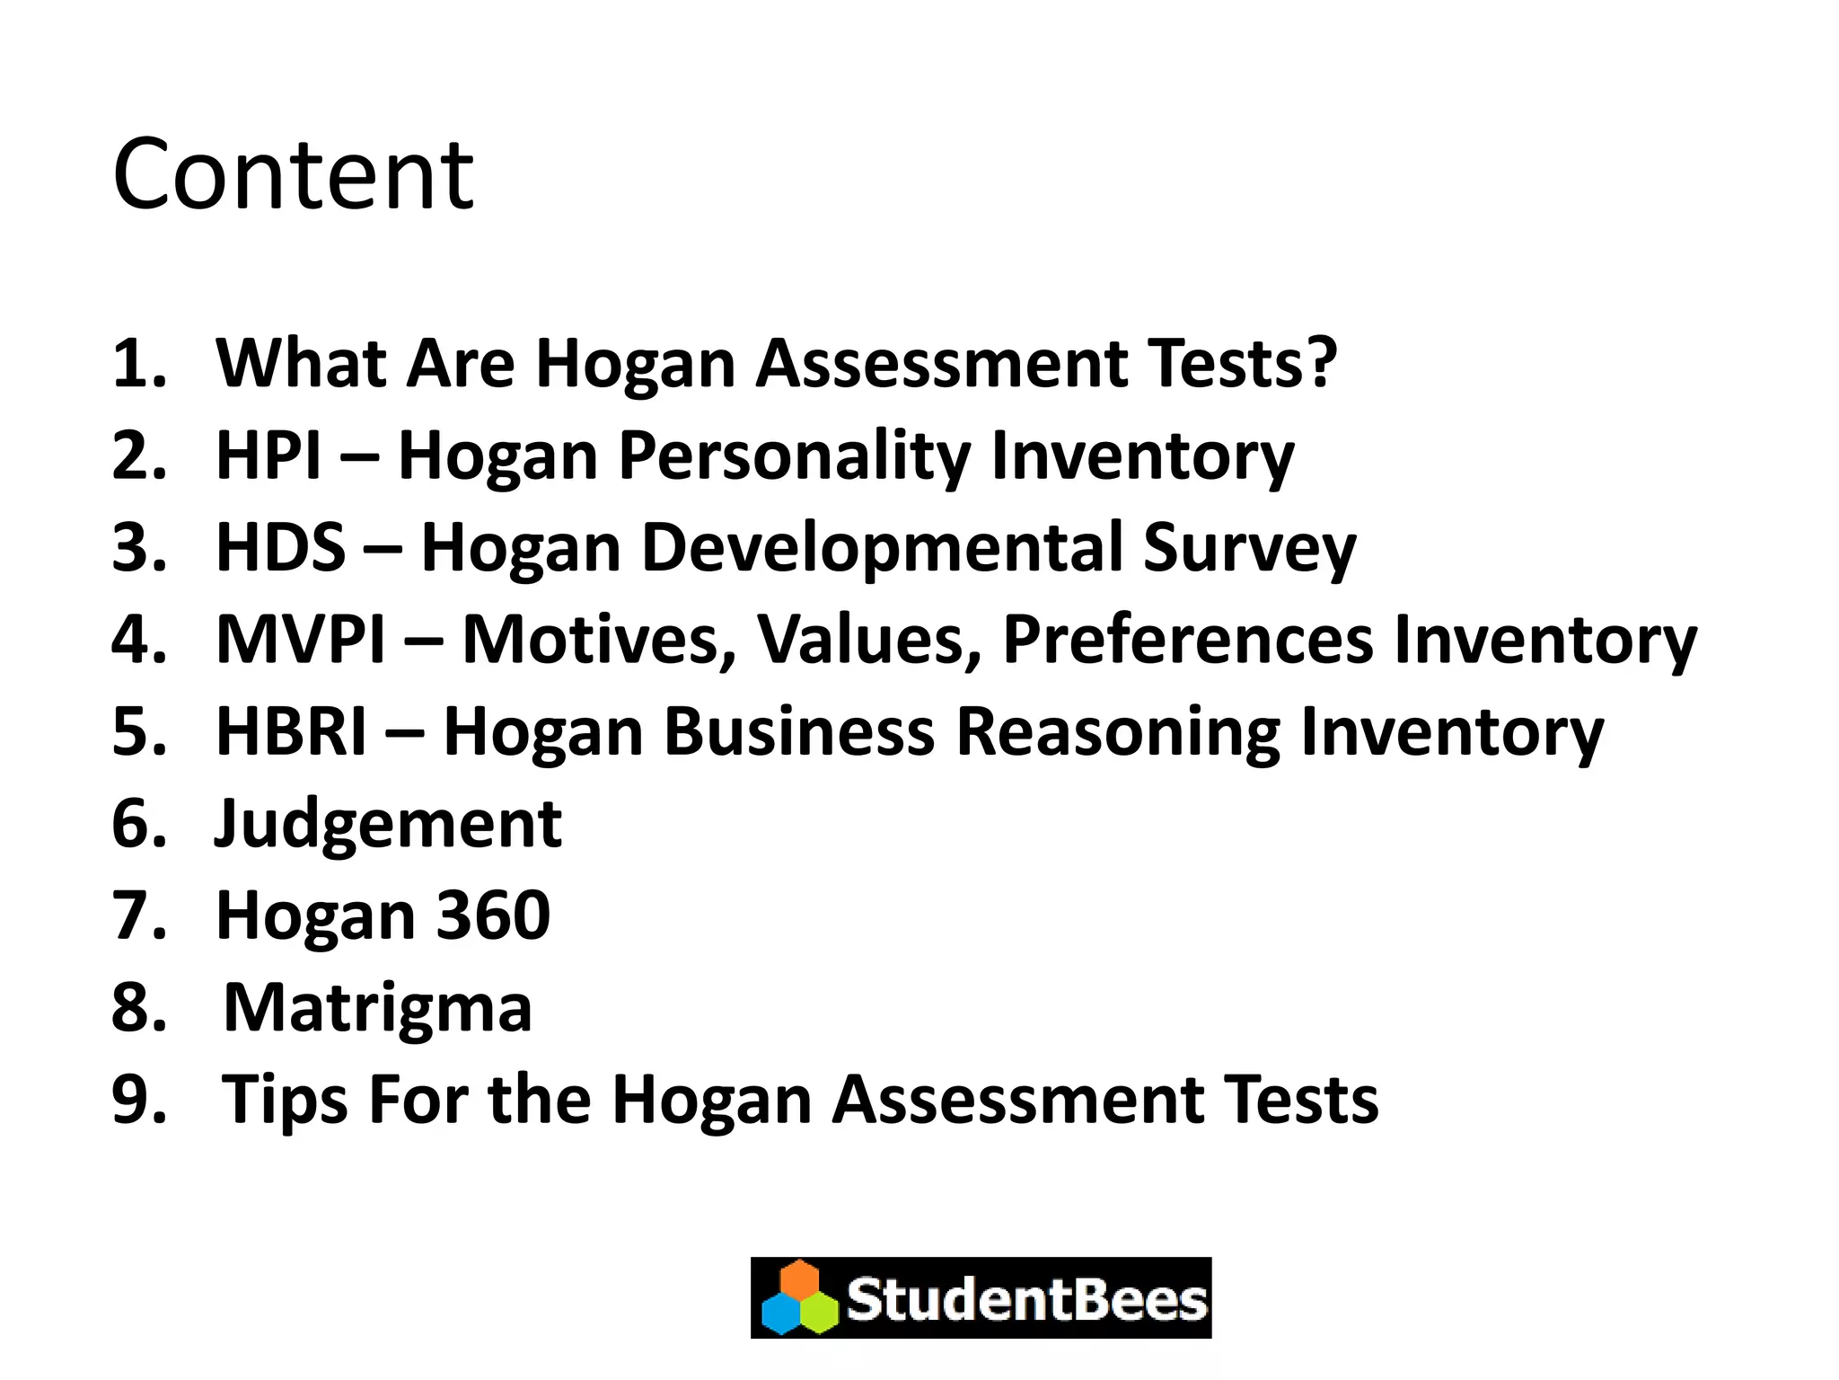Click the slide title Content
[293, 174]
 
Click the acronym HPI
[268, 456]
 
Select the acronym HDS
[280, 547]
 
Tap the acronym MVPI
[301, 640]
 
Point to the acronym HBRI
[292, 731]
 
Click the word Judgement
[388, 824]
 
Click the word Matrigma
[377, 1008]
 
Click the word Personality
[794, 456]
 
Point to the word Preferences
[1187, 640]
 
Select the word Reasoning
[1117, 731]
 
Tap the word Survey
[1249, 547]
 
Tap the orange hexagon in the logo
[799, 1279]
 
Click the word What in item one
[301, 363]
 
